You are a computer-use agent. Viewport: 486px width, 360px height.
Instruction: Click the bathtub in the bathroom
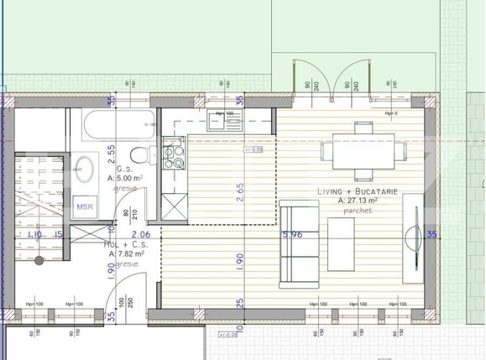coord(117,128)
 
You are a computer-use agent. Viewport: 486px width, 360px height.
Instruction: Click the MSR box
coord(85,207)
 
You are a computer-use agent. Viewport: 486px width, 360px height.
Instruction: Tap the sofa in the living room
coord(298,240)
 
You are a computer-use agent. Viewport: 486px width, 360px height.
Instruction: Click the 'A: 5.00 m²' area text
coord(124,178)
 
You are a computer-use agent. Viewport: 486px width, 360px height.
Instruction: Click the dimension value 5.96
coord(293,236)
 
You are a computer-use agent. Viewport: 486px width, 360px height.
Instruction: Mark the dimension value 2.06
coord(140,236)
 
